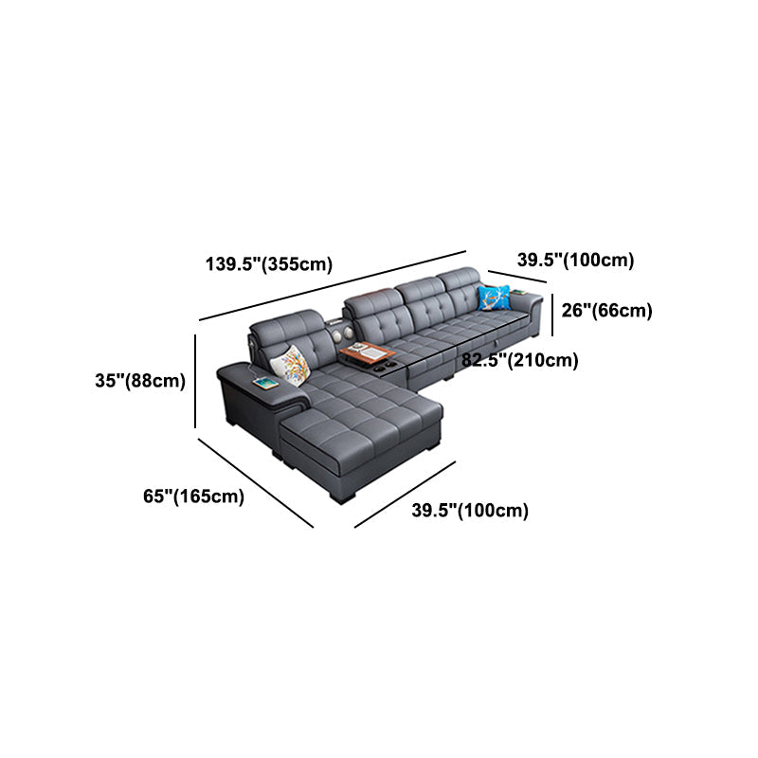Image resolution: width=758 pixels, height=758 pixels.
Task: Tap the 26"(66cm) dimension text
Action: point(606,310)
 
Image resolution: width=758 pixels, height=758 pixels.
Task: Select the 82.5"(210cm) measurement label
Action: point(520,360)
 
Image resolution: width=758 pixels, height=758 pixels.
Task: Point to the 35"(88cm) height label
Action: point(139,382)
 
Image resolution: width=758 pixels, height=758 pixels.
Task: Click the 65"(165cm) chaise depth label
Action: point(193,495)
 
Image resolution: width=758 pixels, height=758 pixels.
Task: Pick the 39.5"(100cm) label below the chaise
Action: point(470,511)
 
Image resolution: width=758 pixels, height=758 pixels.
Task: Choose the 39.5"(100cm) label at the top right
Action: point(575,260)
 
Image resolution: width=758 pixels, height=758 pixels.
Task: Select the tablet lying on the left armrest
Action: point(264,384)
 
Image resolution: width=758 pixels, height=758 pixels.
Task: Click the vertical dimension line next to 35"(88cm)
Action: point(196,381)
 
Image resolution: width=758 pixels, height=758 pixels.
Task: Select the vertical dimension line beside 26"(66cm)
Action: point(553,312)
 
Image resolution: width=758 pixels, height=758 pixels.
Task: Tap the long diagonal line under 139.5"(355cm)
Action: point(333,285)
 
